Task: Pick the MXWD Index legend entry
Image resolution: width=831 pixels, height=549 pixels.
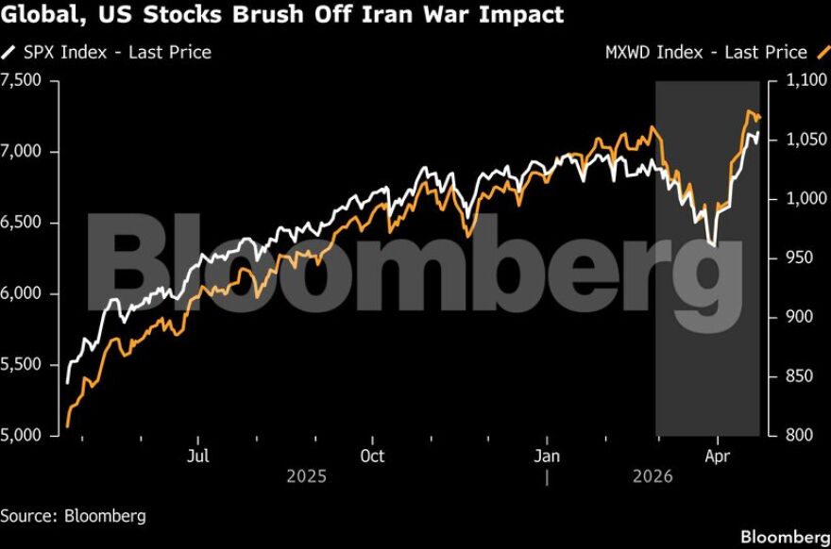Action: pyautogui.click(x=705, y=52)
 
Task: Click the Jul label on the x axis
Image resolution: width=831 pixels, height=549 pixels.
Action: pyautogui.click(x=198, y=457)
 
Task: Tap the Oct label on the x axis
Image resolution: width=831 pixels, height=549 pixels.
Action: pyautogui.click(x=372, y=457)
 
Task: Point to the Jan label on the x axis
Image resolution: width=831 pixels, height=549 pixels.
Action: pyautogui.click(x=547, y=457)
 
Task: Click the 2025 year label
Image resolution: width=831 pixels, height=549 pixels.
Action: pyautogui.click(x=306, y=477)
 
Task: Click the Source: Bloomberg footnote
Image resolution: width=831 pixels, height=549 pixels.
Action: pyautogui.click(x=73, y=516)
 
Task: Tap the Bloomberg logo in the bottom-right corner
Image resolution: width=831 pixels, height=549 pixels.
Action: pyautogui.click(x=784, y=537)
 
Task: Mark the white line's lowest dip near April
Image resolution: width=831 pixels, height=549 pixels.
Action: pyautogui.click(x=711, y=245)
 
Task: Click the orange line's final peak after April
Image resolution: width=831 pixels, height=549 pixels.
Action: pyautogui.click(x=750, y=112)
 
